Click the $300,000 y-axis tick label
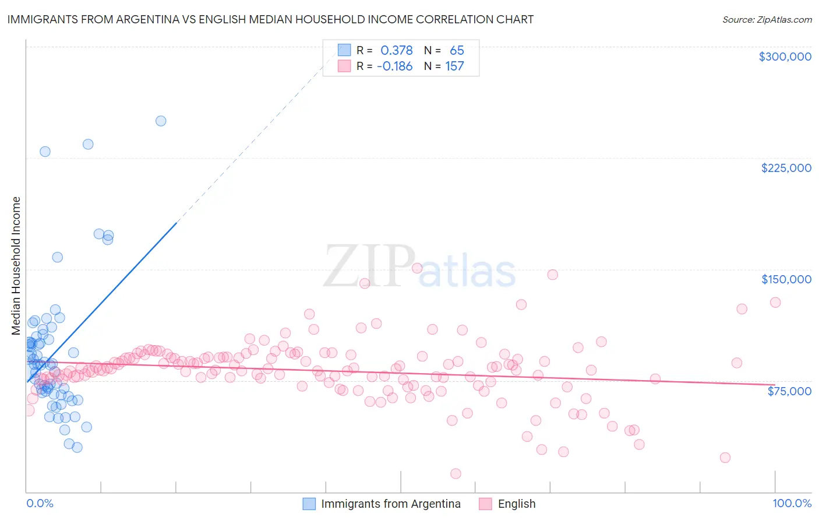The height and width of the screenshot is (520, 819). [785, 57]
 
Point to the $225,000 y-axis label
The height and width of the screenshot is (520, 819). [786, 168]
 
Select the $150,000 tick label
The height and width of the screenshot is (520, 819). [786, 279]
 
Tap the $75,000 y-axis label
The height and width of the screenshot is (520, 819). [789, 391]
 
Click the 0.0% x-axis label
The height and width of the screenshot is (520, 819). [40, 503]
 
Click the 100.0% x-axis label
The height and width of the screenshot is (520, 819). [792, 503]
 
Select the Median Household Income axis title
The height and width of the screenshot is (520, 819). [16, 266]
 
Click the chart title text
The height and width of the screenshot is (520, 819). [270, 19]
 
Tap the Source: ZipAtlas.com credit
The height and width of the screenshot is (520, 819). [767, 19]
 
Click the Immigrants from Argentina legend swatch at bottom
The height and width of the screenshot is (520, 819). [309, 504]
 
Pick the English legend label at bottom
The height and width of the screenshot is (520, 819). [516, 504]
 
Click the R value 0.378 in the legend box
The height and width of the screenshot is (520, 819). [396, 51]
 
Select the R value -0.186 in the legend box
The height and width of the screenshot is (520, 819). [395, 66]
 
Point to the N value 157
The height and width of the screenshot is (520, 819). [454, 66]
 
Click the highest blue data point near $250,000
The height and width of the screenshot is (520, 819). [161, 121]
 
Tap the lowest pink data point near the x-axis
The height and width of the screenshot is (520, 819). [456, 473]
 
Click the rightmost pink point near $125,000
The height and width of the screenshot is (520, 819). [775, 302]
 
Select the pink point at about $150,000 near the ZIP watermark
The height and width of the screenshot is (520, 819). [417, 268]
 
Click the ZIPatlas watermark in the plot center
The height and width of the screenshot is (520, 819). [419, 267]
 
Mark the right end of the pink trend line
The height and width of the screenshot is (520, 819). [775, 385]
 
